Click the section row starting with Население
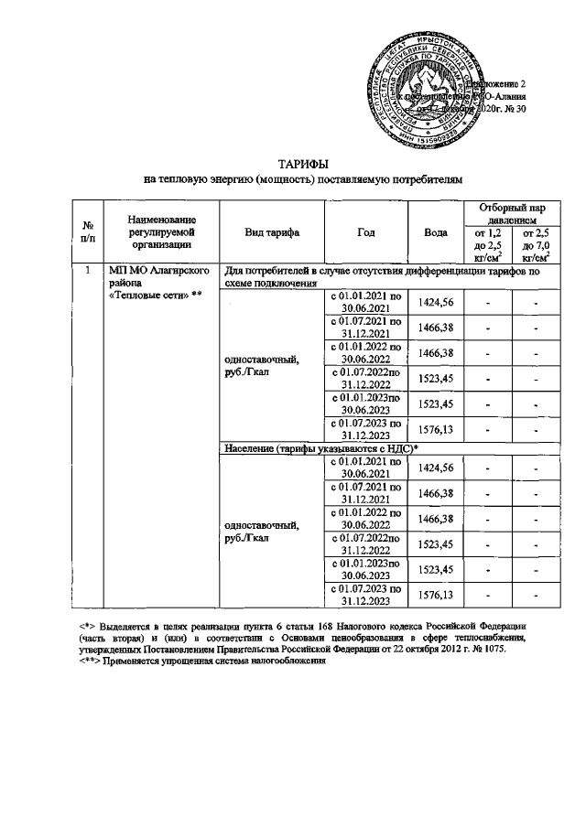[x=320, y=446]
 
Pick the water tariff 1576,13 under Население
[x=436, y=596]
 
